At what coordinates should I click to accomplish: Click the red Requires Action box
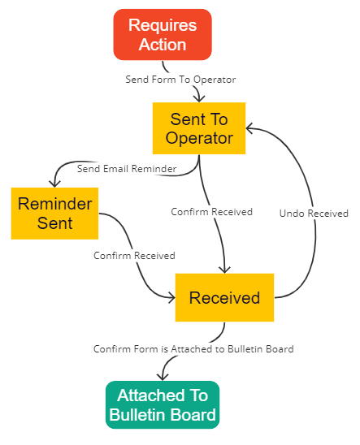click(x=163, y=35)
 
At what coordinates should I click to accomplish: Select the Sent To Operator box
click(x=199, y=128)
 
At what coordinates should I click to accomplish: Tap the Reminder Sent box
click(x=54, y=214)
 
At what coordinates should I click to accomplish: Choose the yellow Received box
click(x=224, y=298)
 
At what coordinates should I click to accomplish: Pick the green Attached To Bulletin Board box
click(x=163, y=404)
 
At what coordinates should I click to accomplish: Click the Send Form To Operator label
click(x=180, y=80)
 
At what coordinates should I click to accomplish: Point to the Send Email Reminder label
click(x=127, y=169)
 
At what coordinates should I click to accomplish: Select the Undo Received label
click(x=314, y=214)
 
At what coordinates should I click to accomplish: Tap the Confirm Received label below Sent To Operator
click(x=211, y=212)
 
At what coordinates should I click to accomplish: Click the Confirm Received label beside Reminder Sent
click(x=134, y=256)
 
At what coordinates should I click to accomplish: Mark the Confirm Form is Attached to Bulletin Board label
click(x=193, y=349)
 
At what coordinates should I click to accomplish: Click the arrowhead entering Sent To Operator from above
click(x=199, y=99)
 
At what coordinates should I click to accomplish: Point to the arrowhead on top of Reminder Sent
click(x=54, y=184)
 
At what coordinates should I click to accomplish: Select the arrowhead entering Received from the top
click(x=224, y=270)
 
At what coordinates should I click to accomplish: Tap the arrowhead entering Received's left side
click(x=171, y=297)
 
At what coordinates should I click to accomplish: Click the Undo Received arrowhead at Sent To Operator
click(x=249, y=128)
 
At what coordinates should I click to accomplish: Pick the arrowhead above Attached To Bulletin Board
click(x=163, y=377)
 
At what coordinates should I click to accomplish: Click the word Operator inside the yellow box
click(x=199, y=138)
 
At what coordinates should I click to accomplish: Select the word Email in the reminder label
click(x=116, y=169)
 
